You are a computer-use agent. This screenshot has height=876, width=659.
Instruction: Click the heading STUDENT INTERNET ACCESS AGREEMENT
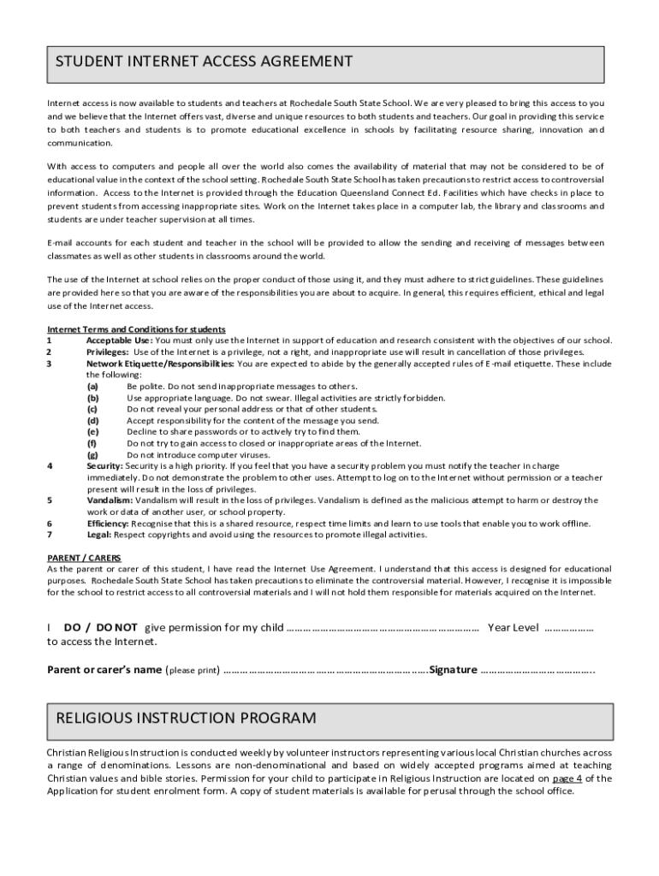204,62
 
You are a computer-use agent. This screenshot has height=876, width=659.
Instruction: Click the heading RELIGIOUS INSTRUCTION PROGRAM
186,717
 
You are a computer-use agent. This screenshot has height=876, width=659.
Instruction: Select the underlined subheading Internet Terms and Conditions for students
136,329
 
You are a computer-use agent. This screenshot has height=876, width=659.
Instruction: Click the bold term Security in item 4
104,465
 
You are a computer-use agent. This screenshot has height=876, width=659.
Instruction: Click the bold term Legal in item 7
98,535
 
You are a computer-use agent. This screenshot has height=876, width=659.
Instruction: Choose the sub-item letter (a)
92,387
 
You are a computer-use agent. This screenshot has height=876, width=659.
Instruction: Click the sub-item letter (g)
92,454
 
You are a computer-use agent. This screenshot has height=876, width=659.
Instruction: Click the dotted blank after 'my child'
382,628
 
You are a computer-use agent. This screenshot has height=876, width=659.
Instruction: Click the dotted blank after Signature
537,670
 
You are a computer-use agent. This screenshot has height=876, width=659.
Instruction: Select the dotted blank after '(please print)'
325,670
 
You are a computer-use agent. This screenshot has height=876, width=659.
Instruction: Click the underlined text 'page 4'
567,779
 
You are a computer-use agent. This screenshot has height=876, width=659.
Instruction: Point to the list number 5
50,500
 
